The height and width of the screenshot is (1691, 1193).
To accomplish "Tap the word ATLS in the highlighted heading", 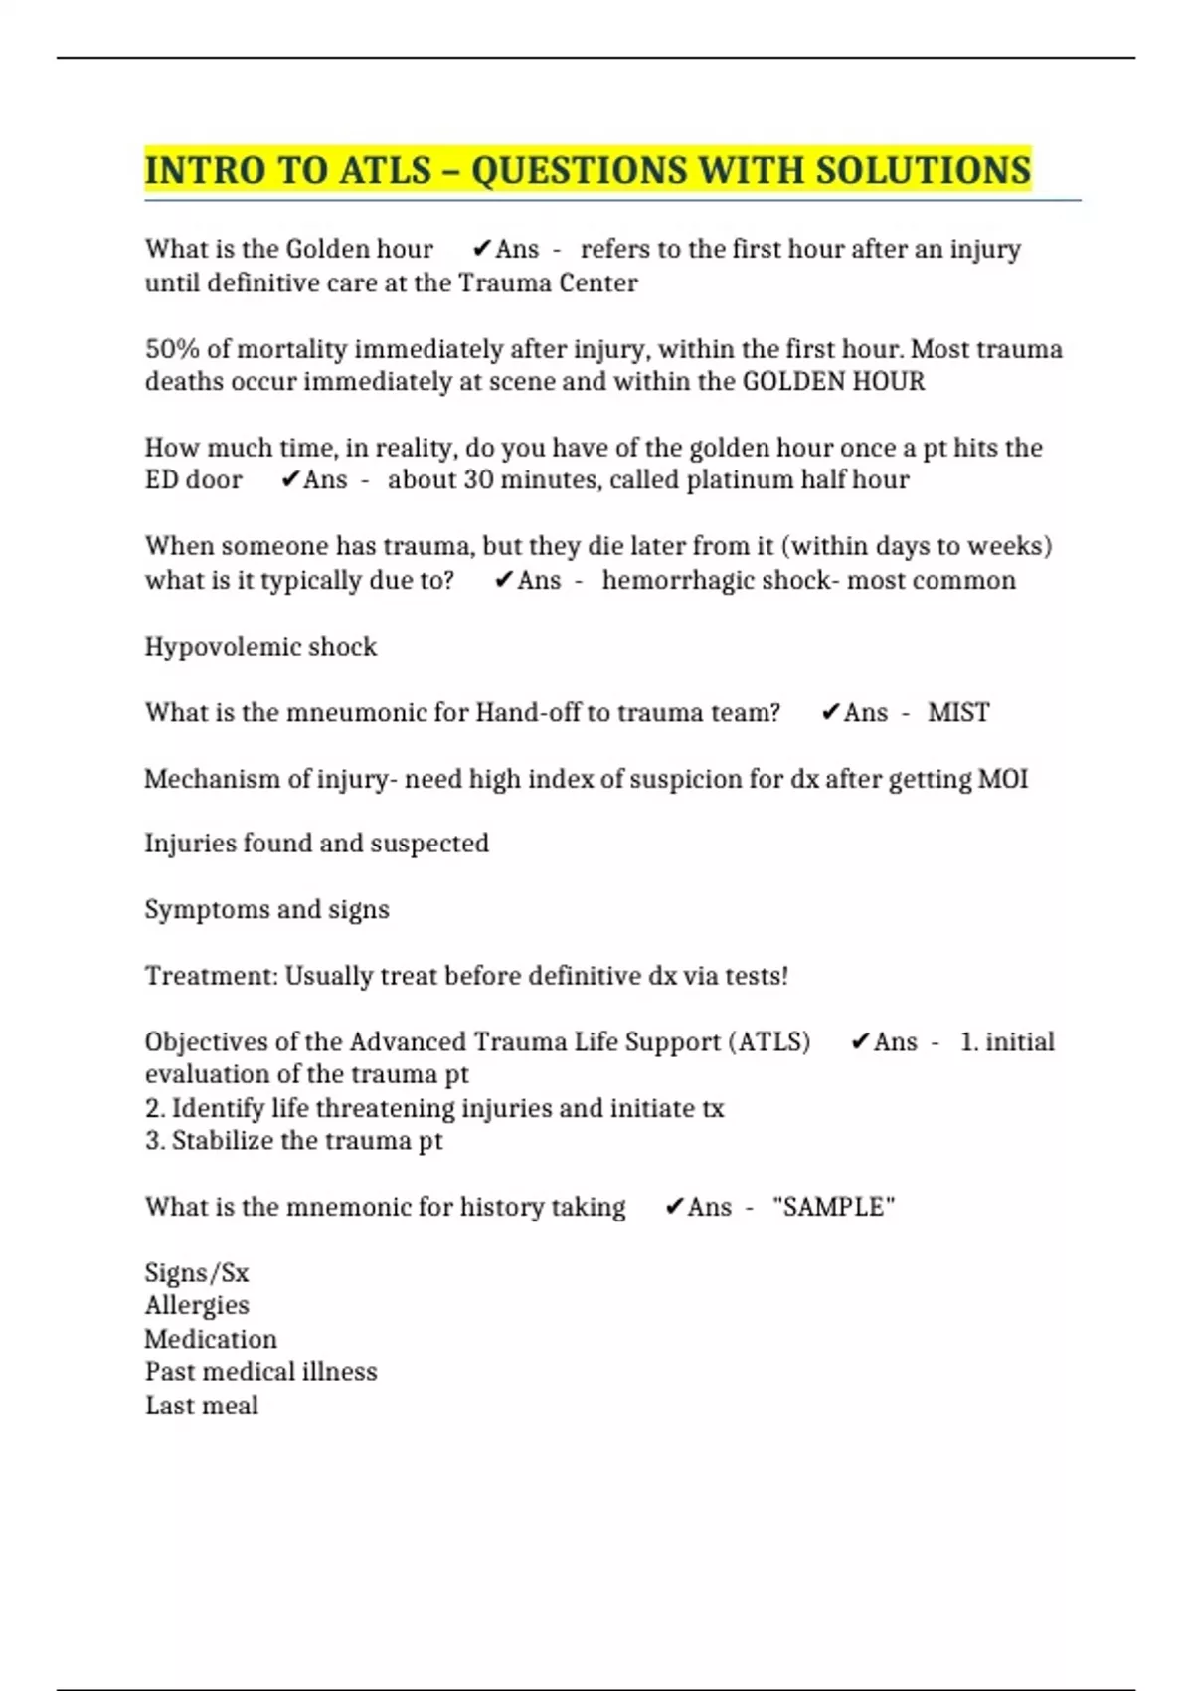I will (385, 170).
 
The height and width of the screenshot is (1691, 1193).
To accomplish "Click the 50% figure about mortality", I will (173, 349).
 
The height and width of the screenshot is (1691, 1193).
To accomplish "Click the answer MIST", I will (958, 713).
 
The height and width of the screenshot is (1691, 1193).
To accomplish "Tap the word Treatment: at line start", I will (211, 976).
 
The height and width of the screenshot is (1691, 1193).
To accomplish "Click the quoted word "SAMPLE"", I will (833, 1208).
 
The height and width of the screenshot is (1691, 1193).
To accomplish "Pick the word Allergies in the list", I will (197, 1306).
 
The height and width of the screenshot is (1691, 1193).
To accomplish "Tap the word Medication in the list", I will (211, 1339).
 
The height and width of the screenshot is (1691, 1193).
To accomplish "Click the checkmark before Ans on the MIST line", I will (831, 713).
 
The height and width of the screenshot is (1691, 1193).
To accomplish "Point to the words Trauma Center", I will (548, 283).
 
